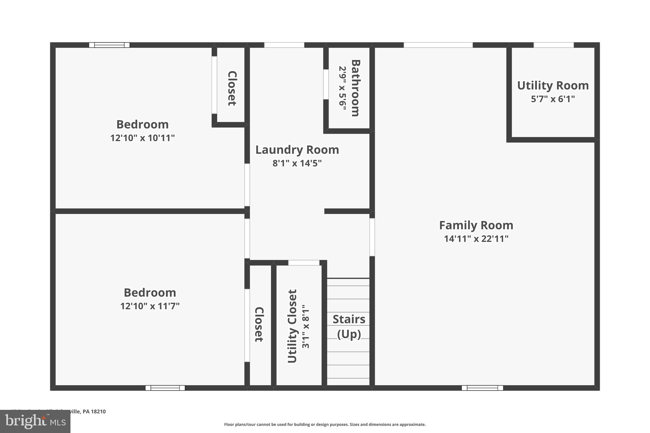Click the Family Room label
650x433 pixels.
[476, 225]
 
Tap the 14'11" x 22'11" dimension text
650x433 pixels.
[476, 239]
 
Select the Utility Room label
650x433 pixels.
[553, 86]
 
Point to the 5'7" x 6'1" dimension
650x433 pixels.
[553, 99]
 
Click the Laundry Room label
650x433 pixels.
[297, 150]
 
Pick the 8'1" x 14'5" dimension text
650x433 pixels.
[297, 163]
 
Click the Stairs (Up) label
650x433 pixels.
[349, 327]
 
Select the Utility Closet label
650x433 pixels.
[292, 326]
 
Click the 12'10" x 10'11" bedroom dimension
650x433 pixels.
[143, 138]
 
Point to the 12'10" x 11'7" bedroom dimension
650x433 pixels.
[150, 306]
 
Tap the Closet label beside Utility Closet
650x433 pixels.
[259, 325]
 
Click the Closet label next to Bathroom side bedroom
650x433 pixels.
[232, 88]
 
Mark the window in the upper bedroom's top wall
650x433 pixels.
[109, 45]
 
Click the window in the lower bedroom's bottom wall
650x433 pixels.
[165, 388]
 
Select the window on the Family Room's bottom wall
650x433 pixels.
[482, 388]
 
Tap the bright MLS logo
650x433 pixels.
[35, 422]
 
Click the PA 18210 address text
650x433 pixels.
[94, 411]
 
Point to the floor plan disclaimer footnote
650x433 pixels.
[325, 424]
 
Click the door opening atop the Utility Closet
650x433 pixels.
[304, 263]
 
